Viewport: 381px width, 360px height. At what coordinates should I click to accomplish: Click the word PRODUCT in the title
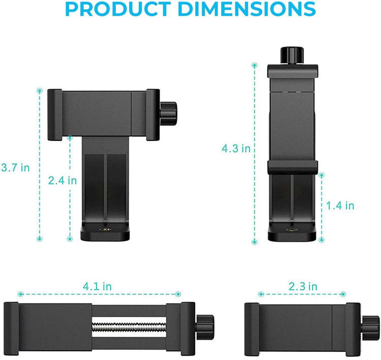point(118,9)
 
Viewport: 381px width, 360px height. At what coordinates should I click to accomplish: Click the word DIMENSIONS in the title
point(247,9)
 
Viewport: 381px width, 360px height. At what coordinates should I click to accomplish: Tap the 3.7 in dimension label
point(15,168)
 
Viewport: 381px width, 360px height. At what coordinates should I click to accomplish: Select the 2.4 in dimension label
point(63,180)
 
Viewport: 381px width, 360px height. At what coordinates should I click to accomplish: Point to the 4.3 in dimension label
point(236,149)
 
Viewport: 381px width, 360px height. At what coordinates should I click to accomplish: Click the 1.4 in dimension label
point(340,206)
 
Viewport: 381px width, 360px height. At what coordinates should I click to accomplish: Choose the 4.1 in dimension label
point(97,286)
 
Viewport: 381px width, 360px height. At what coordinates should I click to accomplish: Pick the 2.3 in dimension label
point(303,286)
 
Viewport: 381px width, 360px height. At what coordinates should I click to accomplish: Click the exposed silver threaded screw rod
point(129,327)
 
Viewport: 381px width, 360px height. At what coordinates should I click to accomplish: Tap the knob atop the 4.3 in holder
point(292,56)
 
